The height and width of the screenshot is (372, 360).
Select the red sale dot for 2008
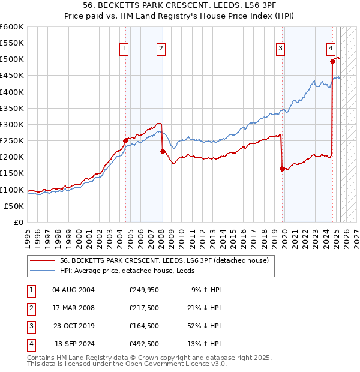click(163, 152)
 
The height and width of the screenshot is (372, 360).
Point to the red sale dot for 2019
click(282, 169)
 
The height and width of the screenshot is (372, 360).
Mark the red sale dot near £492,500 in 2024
click(332, 61)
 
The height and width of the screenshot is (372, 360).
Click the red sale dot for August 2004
click(125, 141)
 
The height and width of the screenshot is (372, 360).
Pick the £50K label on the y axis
click(14, 206)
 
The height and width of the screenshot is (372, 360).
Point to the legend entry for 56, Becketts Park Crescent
click(167, 260)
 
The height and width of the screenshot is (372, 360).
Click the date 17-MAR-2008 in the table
click(74, 308)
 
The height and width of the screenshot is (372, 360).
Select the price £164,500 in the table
click(143, 326)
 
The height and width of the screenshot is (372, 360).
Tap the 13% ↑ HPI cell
click(206, 344)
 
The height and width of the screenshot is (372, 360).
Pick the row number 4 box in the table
click(30, 344)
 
